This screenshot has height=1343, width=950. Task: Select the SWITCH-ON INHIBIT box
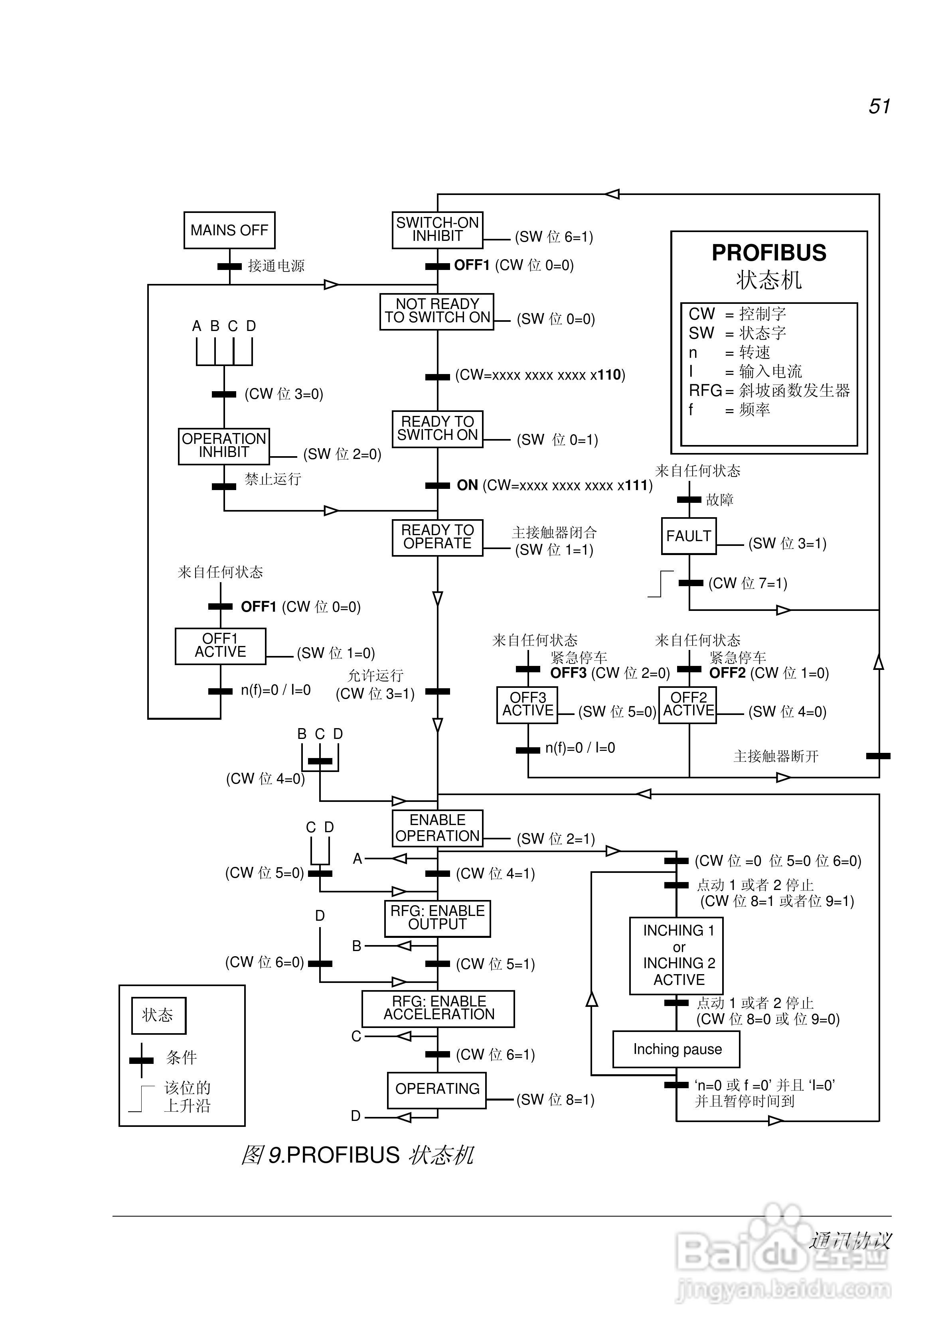[437, 230]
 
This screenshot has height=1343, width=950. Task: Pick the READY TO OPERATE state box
[437, 537]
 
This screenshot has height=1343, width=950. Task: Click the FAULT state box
[688, 536]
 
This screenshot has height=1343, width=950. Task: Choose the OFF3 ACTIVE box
[527, 705]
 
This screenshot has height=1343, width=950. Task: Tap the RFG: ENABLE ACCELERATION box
[438, 1008]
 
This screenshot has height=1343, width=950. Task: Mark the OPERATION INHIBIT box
[223, 446]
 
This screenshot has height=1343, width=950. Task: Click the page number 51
[879, 106]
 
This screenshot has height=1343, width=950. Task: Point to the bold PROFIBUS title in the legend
[768, 253]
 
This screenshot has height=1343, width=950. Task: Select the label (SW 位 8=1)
[555, 1100]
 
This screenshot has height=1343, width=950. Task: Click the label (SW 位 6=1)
[554, 237]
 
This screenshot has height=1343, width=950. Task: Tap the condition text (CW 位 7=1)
[747, 583]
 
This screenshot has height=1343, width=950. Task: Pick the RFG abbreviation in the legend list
[705, 391]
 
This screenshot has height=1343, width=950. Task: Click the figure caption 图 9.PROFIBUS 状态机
[357, 1155]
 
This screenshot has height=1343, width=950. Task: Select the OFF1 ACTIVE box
[220, 646]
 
